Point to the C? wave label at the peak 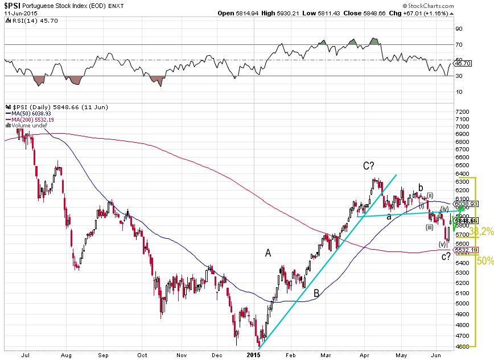(369, 165)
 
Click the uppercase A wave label (268, 253)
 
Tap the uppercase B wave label (316, 293)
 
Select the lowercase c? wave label (447, 257)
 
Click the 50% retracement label (485, 261)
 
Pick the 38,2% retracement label (484, 231)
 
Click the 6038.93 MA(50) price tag (466, 204)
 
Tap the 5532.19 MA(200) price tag (466, 250)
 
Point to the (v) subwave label (442, 244)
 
